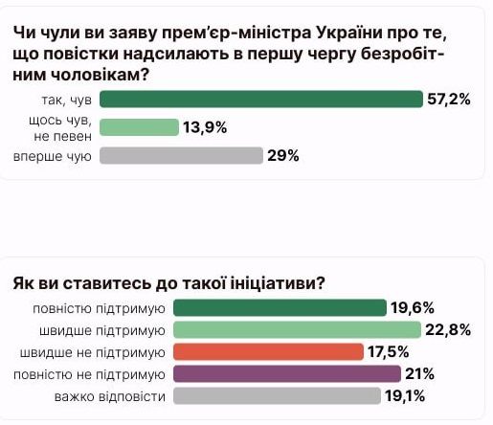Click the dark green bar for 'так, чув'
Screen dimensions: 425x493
tap(260, 100)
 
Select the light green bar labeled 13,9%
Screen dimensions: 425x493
tap(139, 127)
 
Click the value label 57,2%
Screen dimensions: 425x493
tap(448, 100)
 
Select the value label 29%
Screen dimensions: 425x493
tap(283, 156)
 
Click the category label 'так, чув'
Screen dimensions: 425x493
tap(63, 100)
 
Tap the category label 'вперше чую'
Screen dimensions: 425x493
tap(53, 156)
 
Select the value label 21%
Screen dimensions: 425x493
tap(419, 373)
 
